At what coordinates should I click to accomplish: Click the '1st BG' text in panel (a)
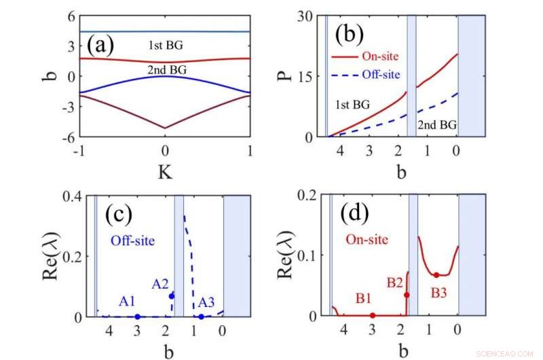pyautogui.click(x=166, y=46)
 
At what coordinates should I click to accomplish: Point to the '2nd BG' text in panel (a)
pyautogui.click(x=166, y=69)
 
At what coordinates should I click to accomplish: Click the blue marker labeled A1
pyautogui.click(x=137, y=317)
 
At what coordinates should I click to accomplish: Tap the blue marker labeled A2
pyautogui.click(x=172, y=295)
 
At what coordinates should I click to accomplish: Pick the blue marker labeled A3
pyautogui.click(x=201, y=317)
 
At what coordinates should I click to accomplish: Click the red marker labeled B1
pyautogui.click(x=372, y=315)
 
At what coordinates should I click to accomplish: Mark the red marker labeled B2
pyautogui.click(x=407, y=295)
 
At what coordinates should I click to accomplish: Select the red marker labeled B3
pyautogui.click(x=436, y=274)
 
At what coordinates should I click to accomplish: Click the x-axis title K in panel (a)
pyautogui.click(x=165, y=173)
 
